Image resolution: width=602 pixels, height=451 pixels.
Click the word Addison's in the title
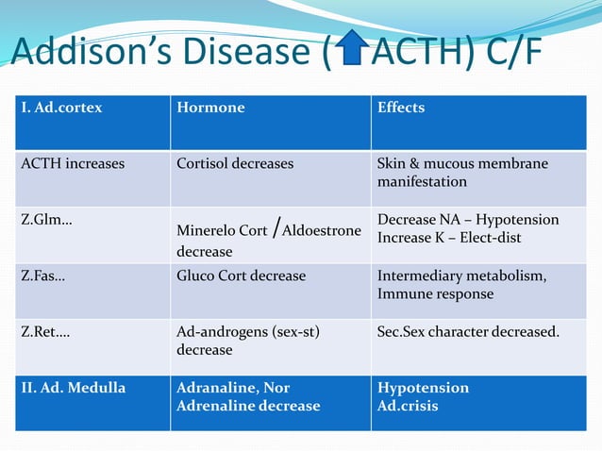[x=85, y=53]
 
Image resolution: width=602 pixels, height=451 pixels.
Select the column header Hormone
[x=210, y=108]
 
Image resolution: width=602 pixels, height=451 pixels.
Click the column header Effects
[x=401, y=108]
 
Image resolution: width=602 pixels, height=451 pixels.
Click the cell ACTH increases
[x=73, y=163]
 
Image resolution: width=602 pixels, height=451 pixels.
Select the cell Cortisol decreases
[x=235, y=163]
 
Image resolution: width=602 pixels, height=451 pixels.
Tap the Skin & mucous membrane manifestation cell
[x=462, y=172]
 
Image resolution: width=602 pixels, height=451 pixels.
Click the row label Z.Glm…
[x=48, y=219]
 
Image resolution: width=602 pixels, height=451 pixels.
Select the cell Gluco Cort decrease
[x=242, y=276]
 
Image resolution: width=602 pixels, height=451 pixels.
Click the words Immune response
[x=435, y=293]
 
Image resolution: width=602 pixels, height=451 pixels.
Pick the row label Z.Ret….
[x=48, y=332]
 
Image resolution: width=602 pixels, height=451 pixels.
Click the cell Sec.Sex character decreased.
[x=468, y=332]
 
